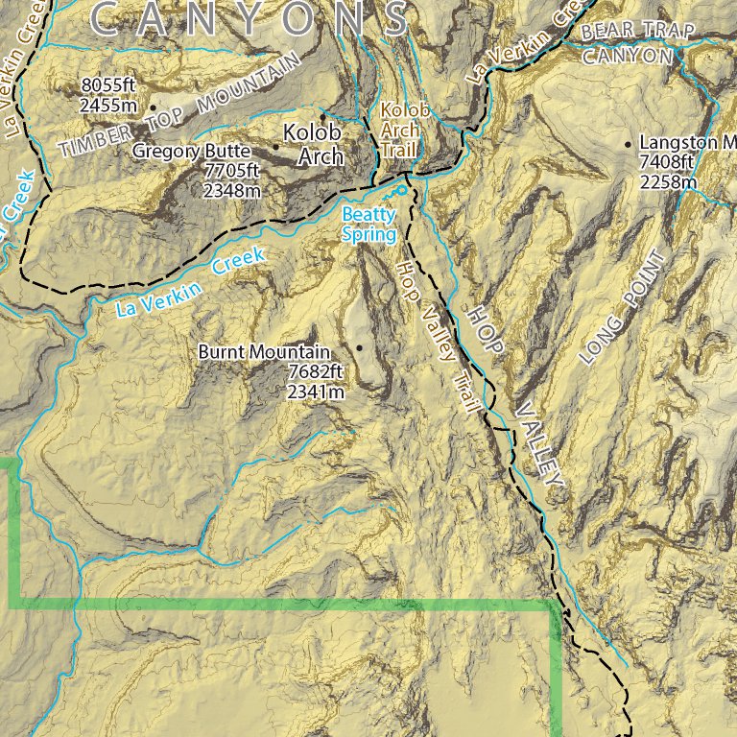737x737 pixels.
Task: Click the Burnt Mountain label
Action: (264, 352)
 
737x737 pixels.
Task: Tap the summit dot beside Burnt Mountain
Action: (360, 347)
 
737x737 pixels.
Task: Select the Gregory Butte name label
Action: (191, 152)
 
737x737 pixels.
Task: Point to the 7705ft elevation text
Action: (232, 171)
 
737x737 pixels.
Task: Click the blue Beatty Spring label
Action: (368, 225)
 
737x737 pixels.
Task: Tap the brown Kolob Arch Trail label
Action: (398, 131)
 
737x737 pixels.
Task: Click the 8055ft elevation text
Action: (108, 87)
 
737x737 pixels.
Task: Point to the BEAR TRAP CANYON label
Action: (633, 44)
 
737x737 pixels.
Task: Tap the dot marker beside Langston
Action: (629, 144)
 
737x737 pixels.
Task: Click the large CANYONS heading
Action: (250, 17)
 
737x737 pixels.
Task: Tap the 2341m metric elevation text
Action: (315, 391)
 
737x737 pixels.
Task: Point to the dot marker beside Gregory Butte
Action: (277, 147)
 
